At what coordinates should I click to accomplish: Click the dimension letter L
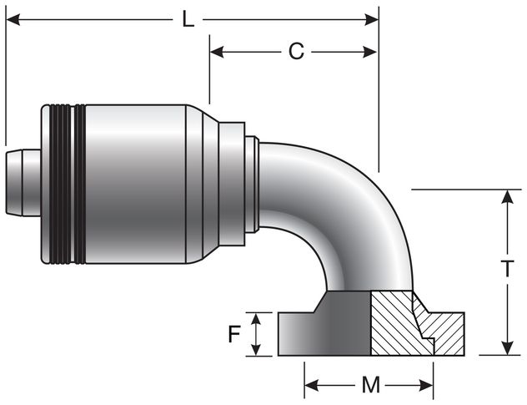188,18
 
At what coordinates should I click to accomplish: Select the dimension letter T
506,269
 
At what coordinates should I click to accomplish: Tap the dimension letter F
234,335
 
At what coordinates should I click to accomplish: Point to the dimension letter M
369,386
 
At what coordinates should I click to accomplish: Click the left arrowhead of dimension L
13,18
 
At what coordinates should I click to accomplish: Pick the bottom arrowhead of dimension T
506,348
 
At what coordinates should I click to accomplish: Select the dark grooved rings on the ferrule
67,184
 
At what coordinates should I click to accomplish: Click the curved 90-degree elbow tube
350,209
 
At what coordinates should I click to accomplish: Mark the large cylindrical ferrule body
138,184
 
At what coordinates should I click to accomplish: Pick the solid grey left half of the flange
325,330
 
